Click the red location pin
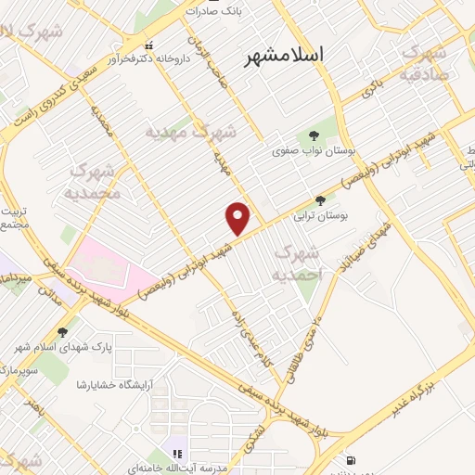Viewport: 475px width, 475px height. tap(238, 219)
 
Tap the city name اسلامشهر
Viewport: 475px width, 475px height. tap(286, 56)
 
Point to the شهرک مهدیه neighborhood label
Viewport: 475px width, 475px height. tap(191, 133)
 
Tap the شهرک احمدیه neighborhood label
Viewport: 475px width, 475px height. tap(298, 263)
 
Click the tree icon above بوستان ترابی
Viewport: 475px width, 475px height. tap(321, 199)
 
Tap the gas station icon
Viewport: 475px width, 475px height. tap(350, 460)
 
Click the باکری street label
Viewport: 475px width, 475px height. tap(370, 91)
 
